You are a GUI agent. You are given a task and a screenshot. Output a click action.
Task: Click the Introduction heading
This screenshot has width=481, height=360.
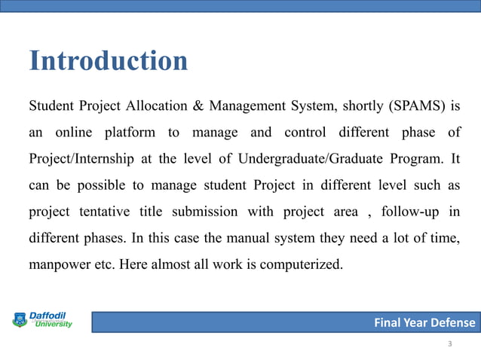[x=108, y=60]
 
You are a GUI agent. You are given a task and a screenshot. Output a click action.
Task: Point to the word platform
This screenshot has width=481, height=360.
[x=127, y=133]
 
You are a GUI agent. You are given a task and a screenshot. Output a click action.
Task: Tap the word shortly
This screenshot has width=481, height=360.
[x=357, y=105]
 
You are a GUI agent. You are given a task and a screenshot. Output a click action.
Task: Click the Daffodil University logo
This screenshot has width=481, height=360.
[x=42, y=320]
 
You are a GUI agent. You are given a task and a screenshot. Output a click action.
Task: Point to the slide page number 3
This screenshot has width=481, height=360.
[x=450, y=344]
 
